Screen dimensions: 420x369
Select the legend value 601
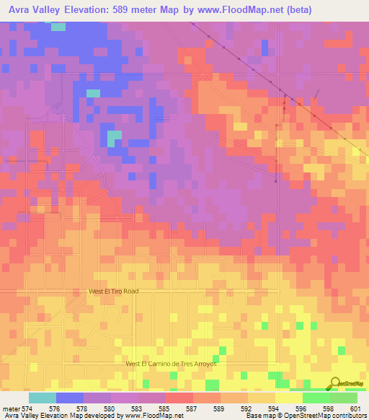352,407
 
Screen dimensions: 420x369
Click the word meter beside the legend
10,407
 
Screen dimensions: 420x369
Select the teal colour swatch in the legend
43,397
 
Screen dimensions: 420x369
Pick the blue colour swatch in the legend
70,397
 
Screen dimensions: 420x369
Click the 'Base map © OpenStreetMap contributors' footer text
303,416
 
